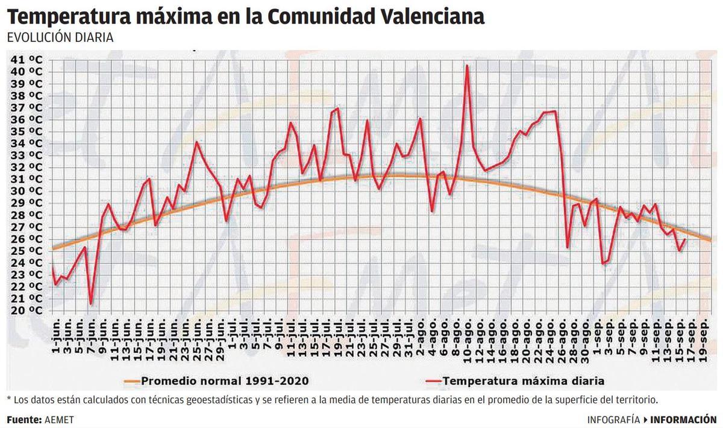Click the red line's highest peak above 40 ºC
point(467,66)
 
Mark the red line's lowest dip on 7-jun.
point(90,304)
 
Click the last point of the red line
point(685,239)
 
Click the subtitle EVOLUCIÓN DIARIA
point(60,37)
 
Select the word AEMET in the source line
point(59,420)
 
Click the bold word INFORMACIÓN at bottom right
point(683,420)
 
